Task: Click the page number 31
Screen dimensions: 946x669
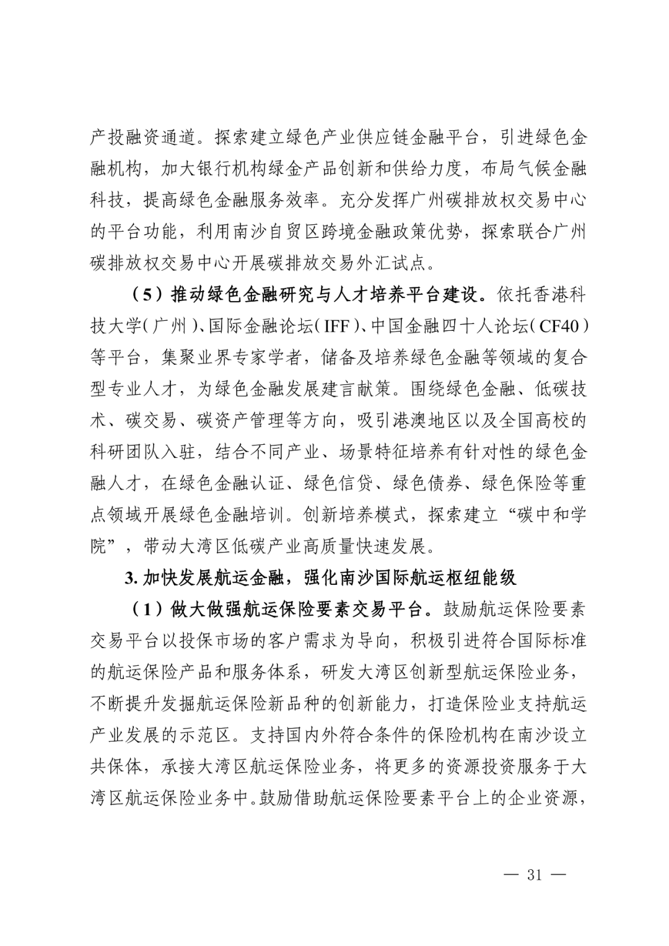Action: point(534,875)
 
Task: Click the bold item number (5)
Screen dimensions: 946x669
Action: point(147,295)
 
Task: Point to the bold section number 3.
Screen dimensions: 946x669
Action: point(129,578)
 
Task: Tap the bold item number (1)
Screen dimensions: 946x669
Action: point(147,610)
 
